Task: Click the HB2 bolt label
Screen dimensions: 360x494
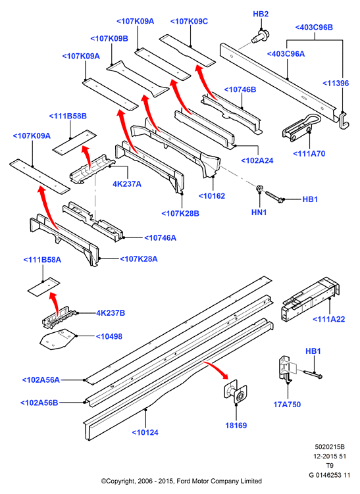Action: (261, 14)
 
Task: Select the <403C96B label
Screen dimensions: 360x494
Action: (314, 28)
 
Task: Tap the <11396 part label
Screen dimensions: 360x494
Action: (336, 83)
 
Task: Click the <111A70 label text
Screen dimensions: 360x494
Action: (309, 154)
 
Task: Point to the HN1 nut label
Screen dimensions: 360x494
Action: (259, 212)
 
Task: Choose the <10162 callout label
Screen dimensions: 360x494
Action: (212, 196)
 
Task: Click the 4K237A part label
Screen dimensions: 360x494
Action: (127, 184)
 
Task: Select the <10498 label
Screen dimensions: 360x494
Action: (109, 337)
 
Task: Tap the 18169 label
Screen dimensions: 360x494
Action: (236, 426)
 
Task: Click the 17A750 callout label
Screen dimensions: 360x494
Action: (287, 405)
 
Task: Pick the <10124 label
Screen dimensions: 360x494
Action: (145, 433)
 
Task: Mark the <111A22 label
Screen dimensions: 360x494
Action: (329, 319)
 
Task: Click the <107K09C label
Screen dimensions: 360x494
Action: (189, 22)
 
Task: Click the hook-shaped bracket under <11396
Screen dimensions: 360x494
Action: (344, 120)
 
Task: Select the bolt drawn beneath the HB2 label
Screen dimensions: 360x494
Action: (259, 36)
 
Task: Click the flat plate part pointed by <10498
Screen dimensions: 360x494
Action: (57, 339)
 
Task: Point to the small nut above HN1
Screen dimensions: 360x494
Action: (259, 188)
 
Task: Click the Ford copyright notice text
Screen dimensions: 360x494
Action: (181, 481)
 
